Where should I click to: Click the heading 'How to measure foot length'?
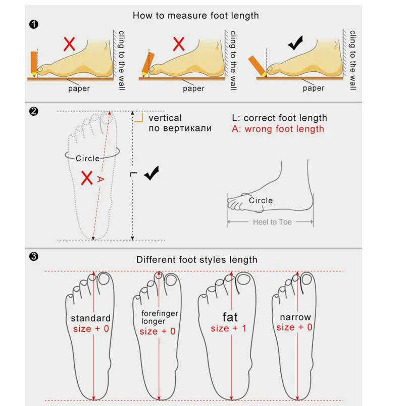coord(195,15)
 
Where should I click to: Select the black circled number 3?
coord(34,257)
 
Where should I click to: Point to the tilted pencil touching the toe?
coord(258,65)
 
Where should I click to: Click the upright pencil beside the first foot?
coord(34,63)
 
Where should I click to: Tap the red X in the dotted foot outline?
coord(87,177)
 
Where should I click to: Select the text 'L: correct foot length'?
coord(279,118)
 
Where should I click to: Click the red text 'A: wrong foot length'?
coord(278,129)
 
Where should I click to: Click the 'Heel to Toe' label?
coord(272,222)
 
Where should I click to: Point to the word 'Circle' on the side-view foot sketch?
coord(261,201)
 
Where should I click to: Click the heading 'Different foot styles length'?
coord(196,260)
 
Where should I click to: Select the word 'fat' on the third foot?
coord(230,317)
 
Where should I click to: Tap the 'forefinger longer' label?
coord(160,317)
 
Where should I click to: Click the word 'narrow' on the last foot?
coord(295,318)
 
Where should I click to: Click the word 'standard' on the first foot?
coord(90,318)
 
